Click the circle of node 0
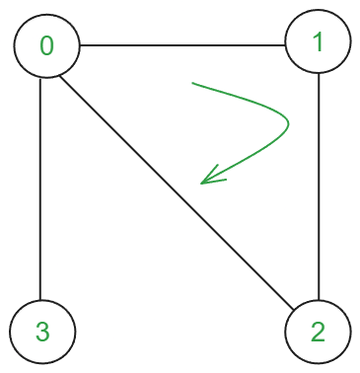(x=46, y=46)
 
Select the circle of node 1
(x=318, y=42)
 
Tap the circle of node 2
(x=318, y=332)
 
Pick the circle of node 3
(x=41, y=332)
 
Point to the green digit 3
(x=41, y=332)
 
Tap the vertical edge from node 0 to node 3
(x=40, y=187)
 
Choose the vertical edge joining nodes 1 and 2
(x=319, y=187)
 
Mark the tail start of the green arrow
(x=192, y=84)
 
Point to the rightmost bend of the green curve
(x=288, y=123)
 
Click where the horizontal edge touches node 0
(x=79, y=45)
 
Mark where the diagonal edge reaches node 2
(x=294, y=309)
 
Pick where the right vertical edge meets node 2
(x=319, y=299)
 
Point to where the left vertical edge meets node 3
(x=40, y=299)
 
